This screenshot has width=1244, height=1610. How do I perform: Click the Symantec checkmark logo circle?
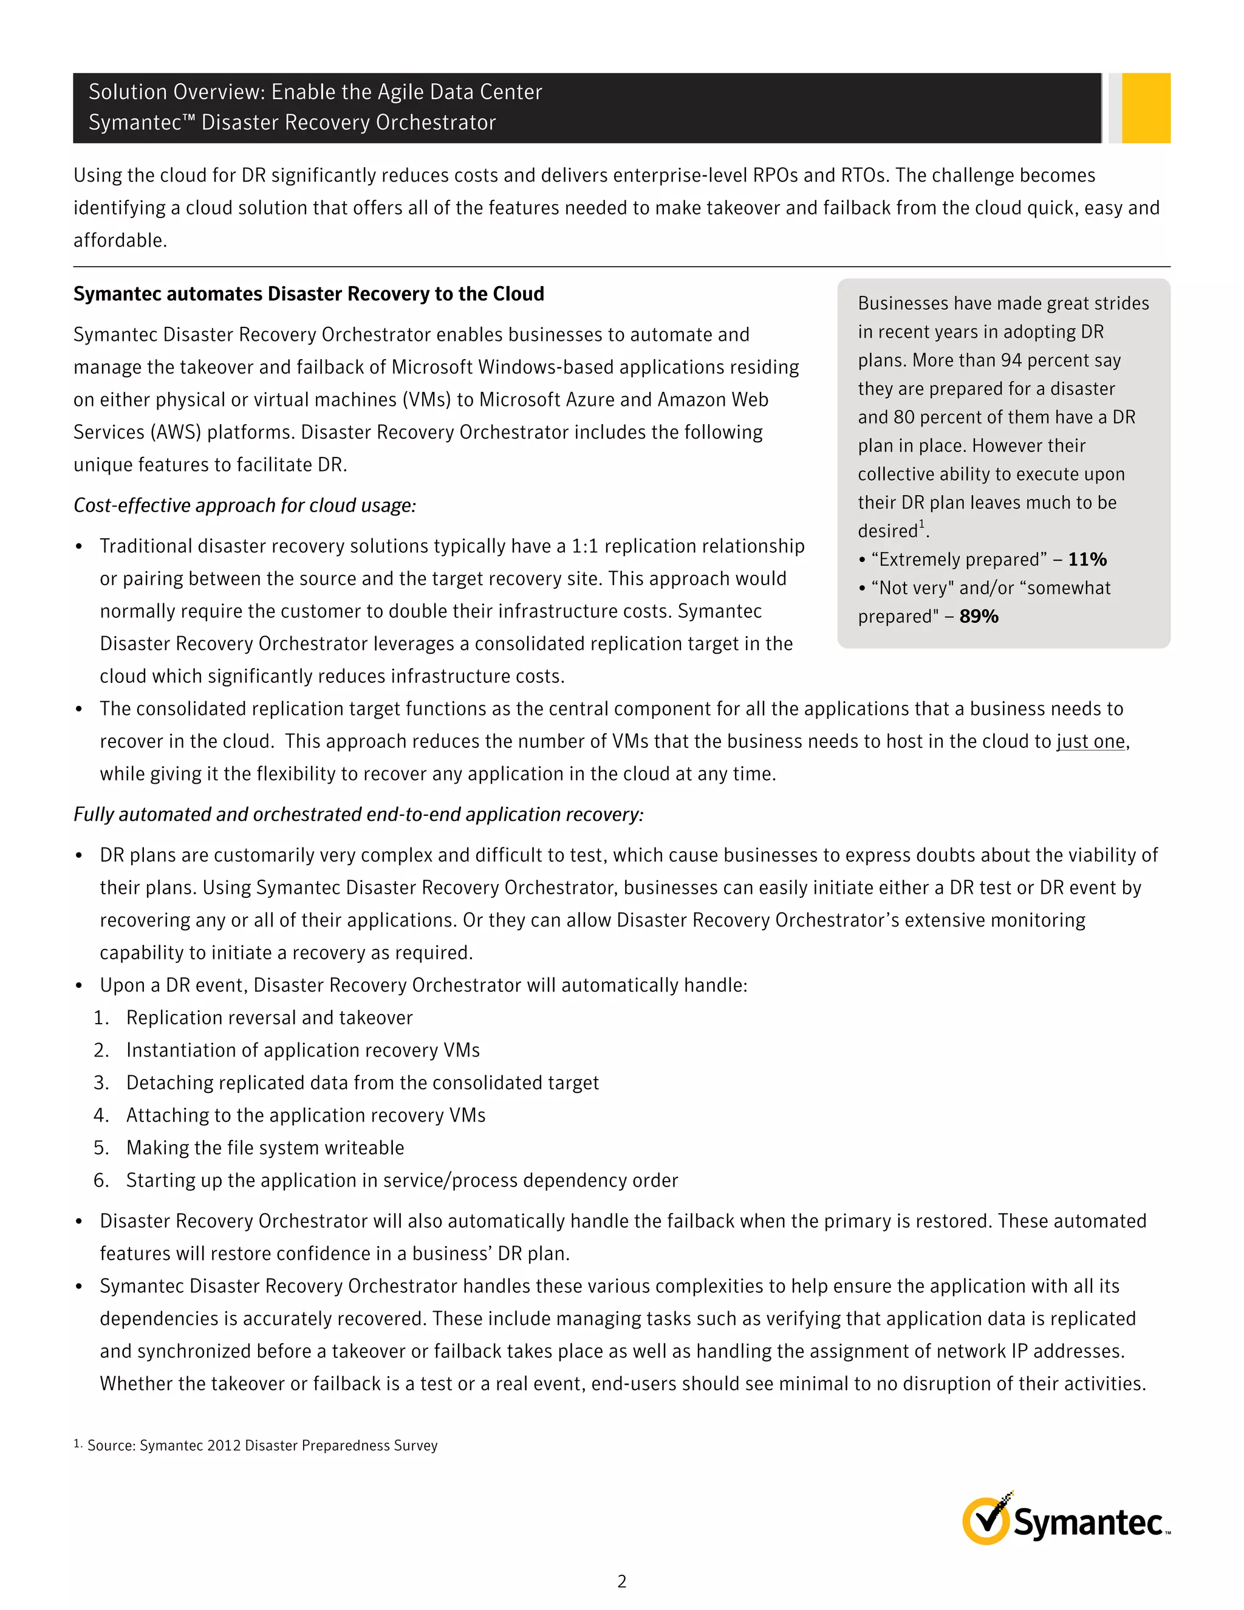[x=985, y=1521]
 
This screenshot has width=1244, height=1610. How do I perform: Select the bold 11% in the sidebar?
[x=1087, y=560]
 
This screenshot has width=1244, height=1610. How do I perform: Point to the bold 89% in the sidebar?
[x=979, y=616]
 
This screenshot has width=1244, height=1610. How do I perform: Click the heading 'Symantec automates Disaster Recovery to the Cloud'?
[x=308, y=293]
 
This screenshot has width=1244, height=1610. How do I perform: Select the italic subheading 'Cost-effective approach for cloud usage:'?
[x=245, y=505]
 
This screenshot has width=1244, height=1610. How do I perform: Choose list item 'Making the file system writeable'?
[x=265, y=1147]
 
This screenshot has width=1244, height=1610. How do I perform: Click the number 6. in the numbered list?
[x=101, y=1180]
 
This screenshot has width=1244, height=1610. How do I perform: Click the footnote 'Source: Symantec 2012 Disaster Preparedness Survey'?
[x=262, y=1445]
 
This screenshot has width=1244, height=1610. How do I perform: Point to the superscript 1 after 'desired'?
[x=921, y=524]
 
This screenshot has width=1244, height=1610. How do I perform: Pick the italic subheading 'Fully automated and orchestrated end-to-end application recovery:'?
[x=358, y=814]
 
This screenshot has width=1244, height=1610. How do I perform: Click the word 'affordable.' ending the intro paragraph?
[x=120, y=241]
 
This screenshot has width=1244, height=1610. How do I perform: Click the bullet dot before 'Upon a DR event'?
[x=79, y=986]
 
